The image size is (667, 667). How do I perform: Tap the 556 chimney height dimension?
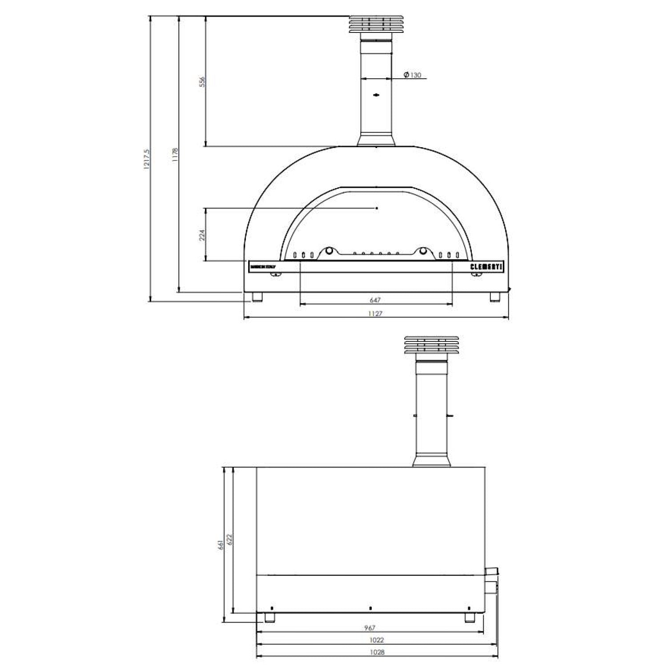pos(202,82)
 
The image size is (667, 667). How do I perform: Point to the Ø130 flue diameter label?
pos(412,75)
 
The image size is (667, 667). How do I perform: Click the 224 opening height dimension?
pos(202,235)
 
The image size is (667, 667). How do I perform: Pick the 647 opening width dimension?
pos(375,300)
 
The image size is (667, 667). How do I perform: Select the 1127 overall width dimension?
pos(375,313)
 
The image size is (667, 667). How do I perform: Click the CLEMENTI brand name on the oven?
pos(486,267)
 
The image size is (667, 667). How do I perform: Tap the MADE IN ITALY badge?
pos(263,267)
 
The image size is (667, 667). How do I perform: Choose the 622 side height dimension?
pos(230,539)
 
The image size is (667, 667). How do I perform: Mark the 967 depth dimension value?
pos(370,628)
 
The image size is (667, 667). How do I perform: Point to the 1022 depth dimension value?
pos(376,640)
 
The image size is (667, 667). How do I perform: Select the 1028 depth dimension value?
pos(377,652)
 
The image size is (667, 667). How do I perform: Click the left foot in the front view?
pos(257,297)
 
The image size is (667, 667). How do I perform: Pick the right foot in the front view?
pos(495,297)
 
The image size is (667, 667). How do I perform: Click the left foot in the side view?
pos(270,617)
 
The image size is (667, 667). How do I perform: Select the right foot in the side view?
pos(470,617)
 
